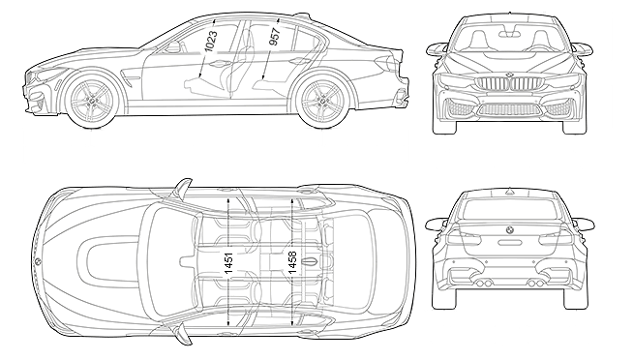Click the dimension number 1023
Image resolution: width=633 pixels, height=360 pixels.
[211, 41]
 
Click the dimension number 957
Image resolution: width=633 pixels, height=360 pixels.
[274, 37]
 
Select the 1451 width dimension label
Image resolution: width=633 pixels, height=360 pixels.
[228, 262]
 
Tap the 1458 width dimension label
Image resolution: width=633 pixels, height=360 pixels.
[292, 262]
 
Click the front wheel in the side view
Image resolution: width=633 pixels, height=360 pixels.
[93, 101]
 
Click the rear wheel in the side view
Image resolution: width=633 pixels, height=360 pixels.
[321, 100]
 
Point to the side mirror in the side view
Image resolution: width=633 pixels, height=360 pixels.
[173, 46]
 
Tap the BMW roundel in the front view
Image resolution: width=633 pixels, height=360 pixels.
[509, 75]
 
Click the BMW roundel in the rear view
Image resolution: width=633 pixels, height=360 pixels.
[509, 229]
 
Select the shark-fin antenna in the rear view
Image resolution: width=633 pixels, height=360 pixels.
[509, 191]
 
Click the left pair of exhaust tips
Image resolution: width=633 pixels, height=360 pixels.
[484, 284]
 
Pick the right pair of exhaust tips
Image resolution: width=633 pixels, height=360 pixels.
[535, 284]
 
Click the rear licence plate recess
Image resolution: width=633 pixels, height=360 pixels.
[510, 243]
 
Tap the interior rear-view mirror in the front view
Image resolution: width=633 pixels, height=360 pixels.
[509, 34]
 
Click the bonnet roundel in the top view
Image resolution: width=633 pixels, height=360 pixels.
[37, 261]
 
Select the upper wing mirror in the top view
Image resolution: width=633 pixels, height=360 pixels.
[182, 188]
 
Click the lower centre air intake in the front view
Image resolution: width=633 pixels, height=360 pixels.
[509, 109]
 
